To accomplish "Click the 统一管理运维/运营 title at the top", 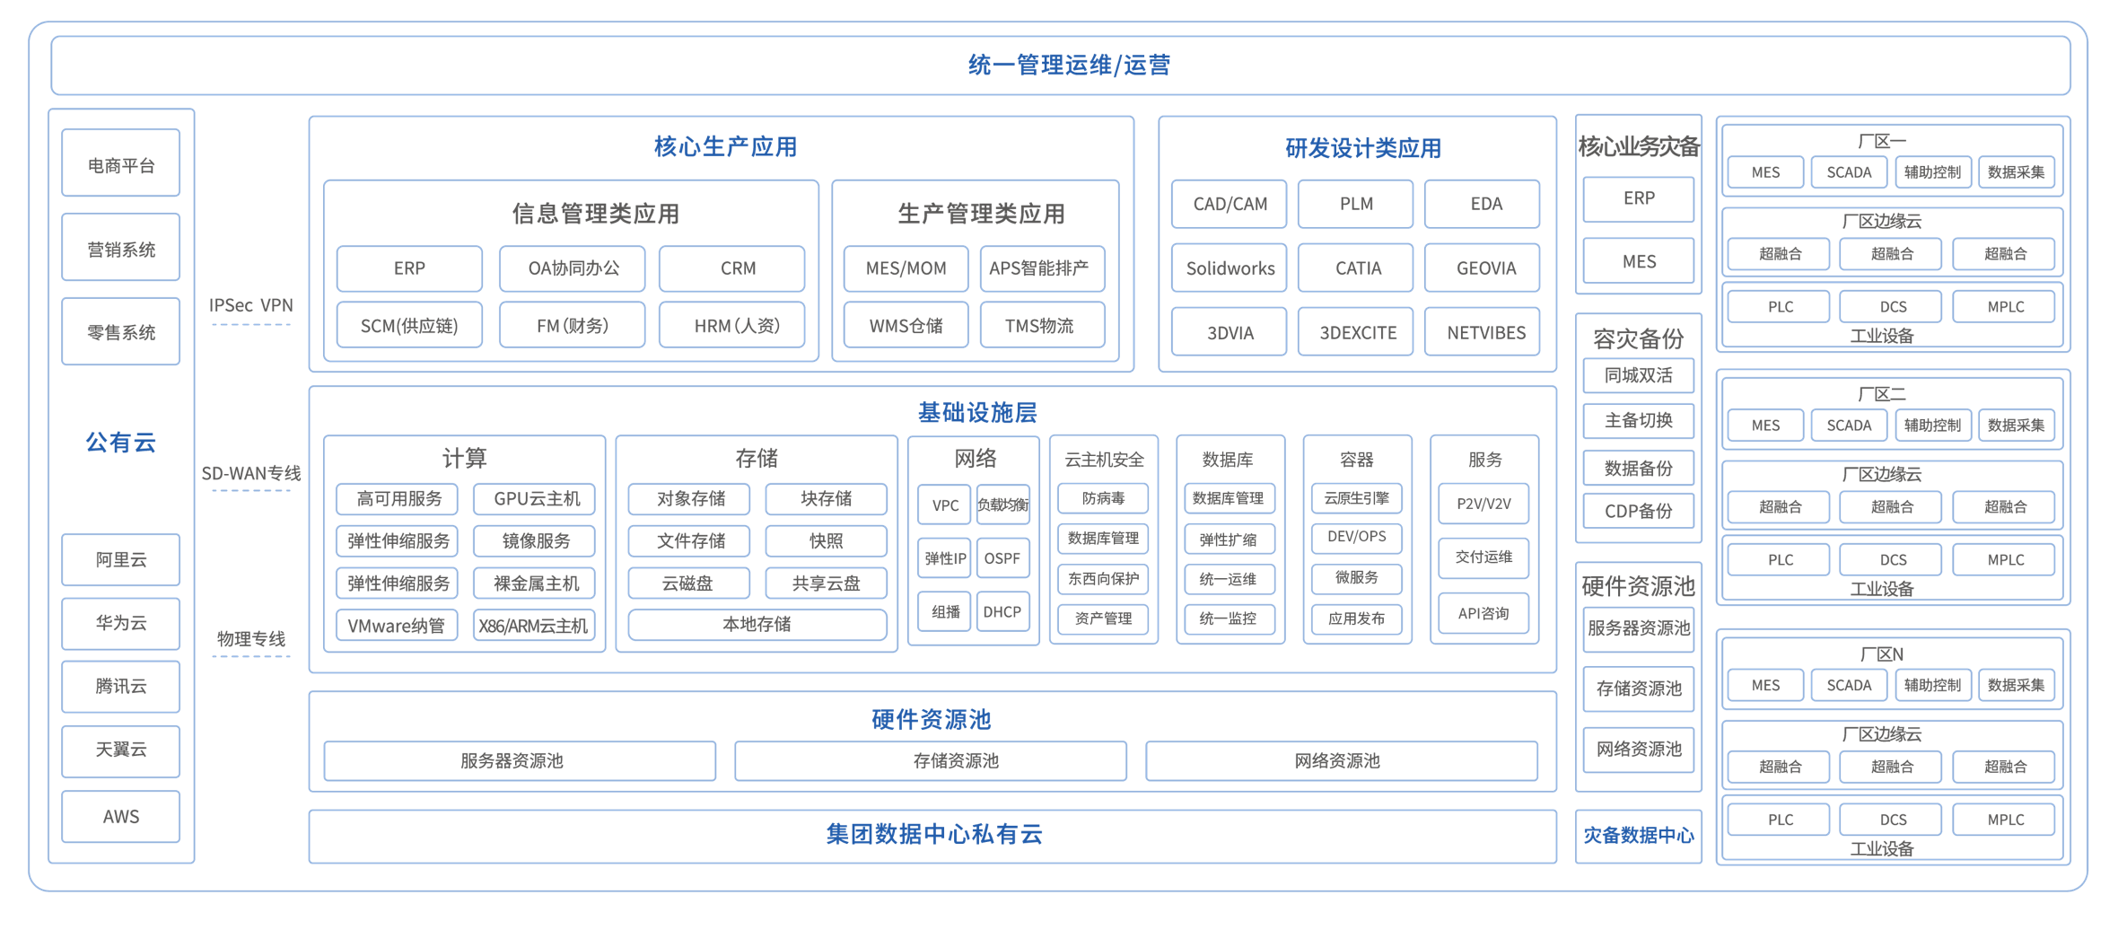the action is pyautogui.click(x=1069, y=65).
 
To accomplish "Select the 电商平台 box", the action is pyautogui.click(x=121, y=163).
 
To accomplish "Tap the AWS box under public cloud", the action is pyautogui.click(x=121, y=816).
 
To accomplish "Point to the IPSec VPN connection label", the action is pyautogui.click(x=251, y=305).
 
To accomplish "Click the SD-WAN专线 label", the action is pyautogui.click(x=251, y=473).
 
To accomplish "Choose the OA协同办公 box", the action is pyautogui.click(x=573, y=268).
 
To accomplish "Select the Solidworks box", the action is pyautogui.click(x=1230, y=268).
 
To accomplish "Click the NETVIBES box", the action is pyautogui.click(x=1485, y=332).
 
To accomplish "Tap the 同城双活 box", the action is pyautogui.click(x=1639, y=375).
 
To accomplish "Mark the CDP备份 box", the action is pyautogui.click(x=1639, y=511).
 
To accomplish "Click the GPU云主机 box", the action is pyautogui.click(x=537, y=498).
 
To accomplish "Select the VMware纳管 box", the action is pyautogui.click(x=397, y=626).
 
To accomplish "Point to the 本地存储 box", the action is pyautogui.click(x=757, y=624).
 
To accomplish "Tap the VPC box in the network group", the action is pyautogui.click(x=945, y=504).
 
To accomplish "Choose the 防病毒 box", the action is pyautogui.click(x=1103, y=498).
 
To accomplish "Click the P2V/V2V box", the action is pyautogui.click(x=1483, y=504).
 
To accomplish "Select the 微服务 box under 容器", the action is pyautogui.click(x=1356, y=577).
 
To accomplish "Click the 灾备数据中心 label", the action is pyautogui.click(x=1639, y=835).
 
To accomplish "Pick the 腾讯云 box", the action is pyautogui.click(x=121, y=687).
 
